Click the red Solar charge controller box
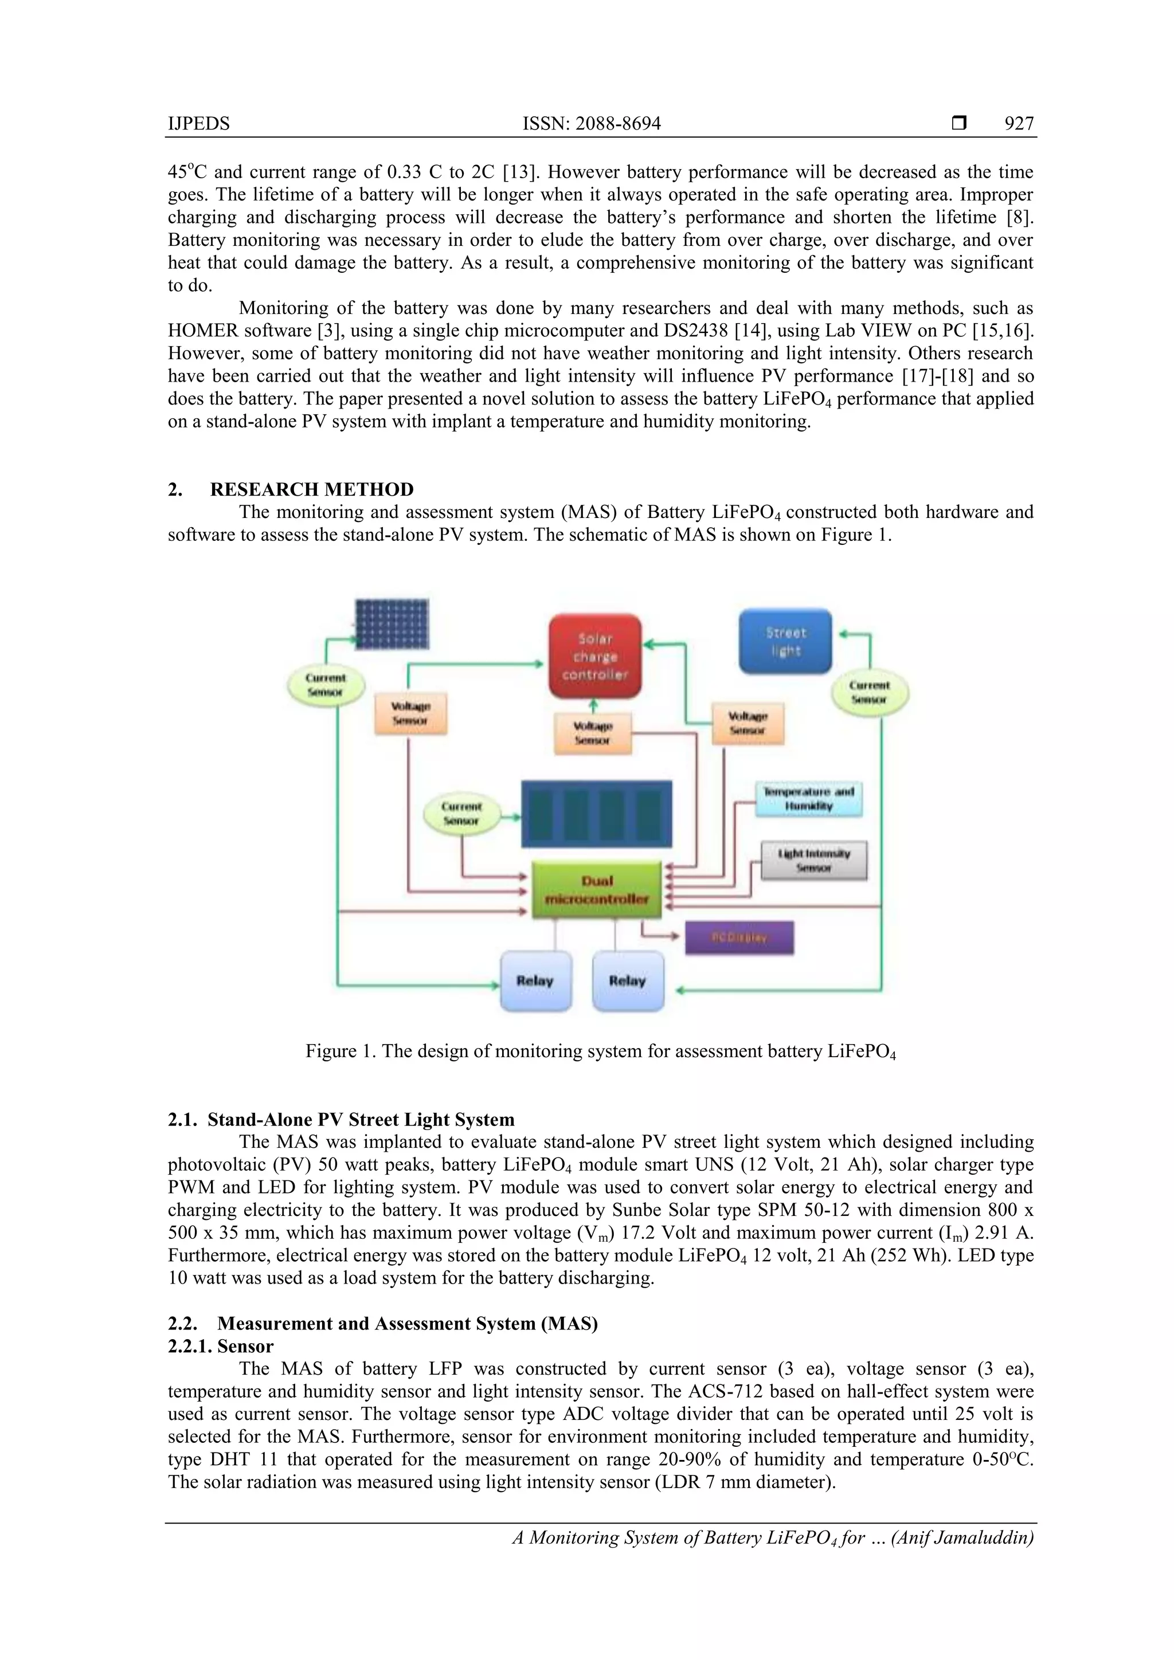click(594, 656)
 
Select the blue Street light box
click(785, 641)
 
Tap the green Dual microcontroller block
click(597, 889)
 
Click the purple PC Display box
click(738, 937)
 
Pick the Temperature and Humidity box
click(809, 799)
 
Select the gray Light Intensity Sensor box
click(813, 860)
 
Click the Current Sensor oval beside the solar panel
click(326, 685)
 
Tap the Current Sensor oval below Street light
click(870, 692)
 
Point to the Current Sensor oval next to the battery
click(461, 813)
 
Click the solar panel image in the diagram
click(392, 624)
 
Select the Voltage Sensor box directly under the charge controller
click(592, 732)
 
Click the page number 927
click(1019, 124)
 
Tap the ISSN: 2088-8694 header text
click(591, 124)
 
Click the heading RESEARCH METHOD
click(311, 489)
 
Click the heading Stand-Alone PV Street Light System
click(360, 1120)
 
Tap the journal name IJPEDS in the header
click(198, 124)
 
